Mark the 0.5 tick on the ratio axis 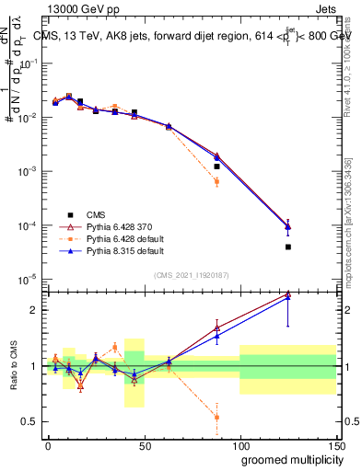tap(34, 421)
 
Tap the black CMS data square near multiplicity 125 tap(288, 247)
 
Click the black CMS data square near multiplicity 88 tap(216, 167)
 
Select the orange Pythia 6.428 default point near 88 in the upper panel tap(216, 181)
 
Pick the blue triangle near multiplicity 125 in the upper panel tap(288, 226)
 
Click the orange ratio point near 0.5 tap(216, 417)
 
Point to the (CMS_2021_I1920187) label tap(192, 273)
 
